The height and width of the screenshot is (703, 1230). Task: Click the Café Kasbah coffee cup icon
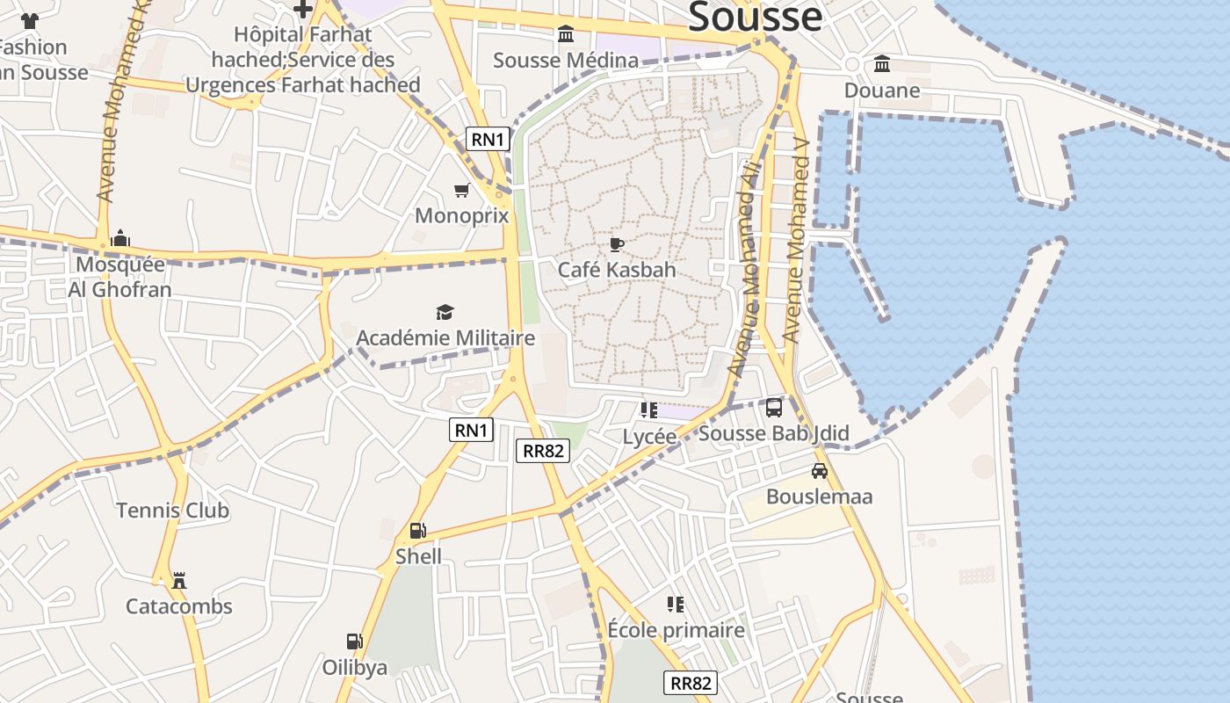[x=617, y=244]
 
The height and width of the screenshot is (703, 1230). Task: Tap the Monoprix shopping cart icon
[x=461, y=191]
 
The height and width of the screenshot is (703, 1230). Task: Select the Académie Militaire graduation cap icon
[x=445, y=312]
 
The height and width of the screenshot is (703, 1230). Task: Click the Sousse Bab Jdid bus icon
[x=774, y=408]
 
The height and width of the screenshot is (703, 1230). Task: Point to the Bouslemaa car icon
[x=820, y=471]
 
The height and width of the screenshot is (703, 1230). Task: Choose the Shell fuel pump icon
[x=418, y=531]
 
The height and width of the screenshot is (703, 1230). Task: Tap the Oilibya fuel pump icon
[x=354, y=641]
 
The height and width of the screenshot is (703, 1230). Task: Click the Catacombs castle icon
[x=179, y=580]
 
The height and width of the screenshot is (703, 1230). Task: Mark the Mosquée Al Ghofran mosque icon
[x=120, y=238]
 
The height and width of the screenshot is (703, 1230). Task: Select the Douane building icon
[x=882, y=64]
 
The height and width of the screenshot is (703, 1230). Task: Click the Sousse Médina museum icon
[x=566, y=34]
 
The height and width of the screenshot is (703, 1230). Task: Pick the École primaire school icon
[x=676, y=604]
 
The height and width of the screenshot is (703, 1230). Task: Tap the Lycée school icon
[x=649, y=410]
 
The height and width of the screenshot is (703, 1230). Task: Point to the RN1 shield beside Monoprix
[x=488, y=139]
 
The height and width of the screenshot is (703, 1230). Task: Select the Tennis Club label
[x=172, y=511]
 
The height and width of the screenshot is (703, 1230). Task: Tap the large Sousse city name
[x=755, y=18]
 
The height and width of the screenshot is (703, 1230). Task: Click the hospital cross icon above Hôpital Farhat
[x=303, y=9]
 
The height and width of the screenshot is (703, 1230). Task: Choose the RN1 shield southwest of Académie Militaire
[x=472, y=430]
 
